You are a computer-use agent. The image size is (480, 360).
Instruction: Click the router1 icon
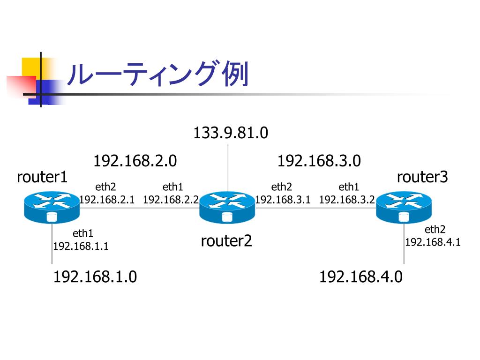[x=52, y=206]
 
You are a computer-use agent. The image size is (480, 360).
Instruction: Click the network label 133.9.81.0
[x=231, y=133]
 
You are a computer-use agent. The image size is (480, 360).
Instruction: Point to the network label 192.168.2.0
[x=135, y=161]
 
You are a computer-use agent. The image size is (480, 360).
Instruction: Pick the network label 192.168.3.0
[x=319, y=161]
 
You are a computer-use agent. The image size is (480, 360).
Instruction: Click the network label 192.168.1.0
[x=95, y=277]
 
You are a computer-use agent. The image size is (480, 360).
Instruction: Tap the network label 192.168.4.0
[x=360, y=277]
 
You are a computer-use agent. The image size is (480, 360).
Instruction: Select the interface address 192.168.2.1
[x=107, y=200]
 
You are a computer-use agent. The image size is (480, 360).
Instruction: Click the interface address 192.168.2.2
[x=171, y=200]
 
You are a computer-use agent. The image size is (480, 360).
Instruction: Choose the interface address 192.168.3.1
[x=283, y=200]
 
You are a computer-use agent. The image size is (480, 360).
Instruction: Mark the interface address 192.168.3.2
[x=347, y=200]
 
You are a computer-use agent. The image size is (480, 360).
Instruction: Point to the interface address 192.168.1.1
[x=81, y=246]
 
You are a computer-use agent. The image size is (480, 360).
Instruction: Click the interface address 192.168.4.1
[x=433, y=242]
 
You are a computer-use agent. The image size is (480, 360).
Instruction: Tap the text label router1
[x=42, y=177]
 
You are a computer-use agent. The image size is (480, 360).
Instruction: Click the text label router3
[x=422, y=177]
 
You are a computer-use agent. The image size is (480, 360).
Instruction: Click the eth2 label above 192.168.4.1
[x=435, y=230]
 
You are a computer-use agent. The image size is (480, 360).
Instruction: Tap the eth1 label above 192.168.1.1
[x=83, y=233]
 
